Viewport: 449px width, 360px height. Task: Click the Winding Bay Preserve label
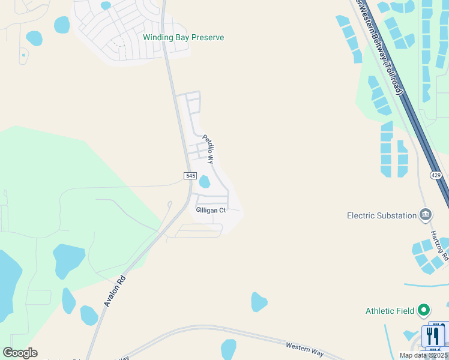183,37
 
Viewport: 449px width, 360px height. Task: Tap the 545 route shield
190,175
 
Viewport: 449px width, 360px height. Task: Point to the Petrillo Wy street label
208,149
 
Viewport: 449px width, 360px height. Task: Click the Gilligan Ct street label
211,210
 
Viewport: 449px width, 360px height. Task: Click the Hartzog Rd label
439,246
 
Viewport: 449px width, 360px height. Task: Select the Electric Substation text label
382,215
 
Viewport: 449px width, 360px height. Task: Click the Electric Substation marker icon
426,214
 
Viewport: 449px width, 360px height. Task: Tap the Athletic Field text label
390,311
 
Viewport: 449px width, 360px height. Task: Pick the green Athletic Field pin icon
424,310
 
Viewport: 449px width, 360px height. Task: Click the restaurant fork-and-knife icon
433,335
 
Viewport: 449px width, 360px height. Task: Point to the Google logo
20,353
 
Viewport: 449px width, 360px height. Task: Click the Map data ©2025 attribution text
423,355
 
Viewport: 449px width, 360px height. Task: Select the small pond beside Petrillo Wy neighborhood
204,181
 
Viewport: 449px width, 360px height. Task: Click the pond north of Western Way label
259,301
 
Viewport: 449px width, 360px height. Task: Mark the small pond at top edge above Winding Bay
106,5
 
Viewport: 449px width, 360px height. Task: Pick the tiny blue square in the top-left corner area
23,55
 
